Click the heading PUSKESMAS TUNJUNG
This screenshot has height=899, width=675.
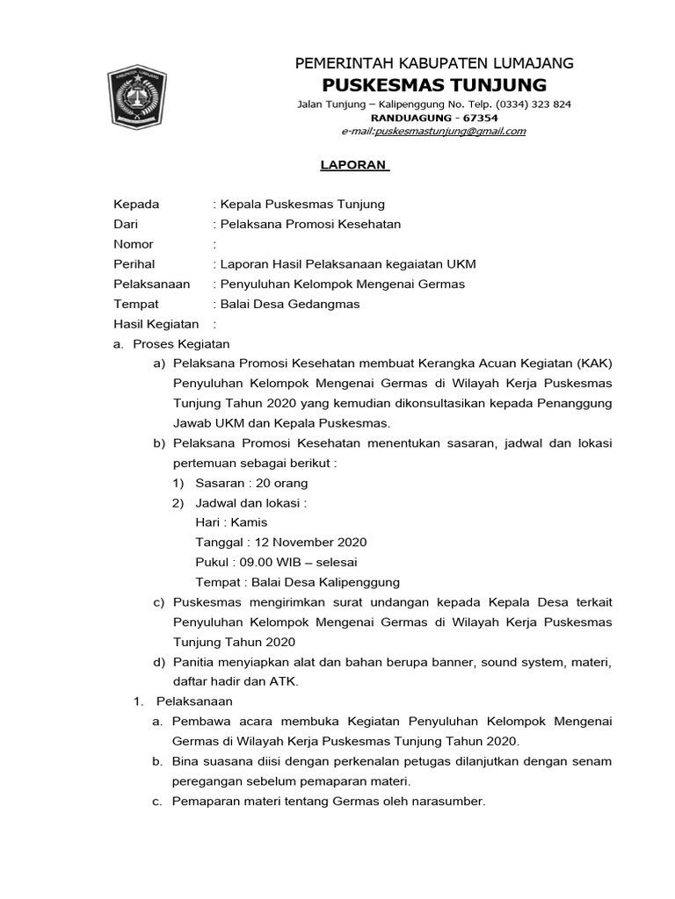(x=434, y=84)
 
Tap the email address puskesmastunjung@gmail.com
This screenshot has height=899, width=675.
(x=450, y=132)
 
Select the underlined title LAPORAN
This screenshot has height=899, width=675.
(x=341, y=164)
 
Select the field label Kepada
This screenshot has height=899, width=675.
(x=137, y=204)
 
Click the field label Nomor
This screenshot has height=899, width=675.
(x=134, y=244)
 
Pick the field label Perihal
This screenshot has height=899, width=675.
(x=134, y=264)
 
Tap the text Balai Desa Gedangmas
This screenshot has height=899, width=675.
(x=290, y=305)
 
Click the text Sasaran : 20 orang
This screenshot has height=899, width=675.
(x=251, y=483)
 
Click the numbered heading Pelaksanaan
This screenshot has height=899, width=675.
(x=194, y=701)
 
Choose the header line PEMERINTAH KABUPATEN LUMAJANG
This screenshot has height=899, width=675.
(x=434, y=62)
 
